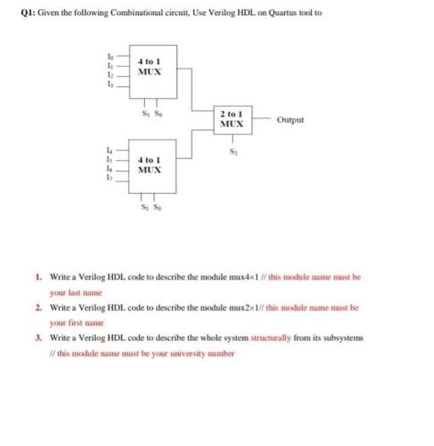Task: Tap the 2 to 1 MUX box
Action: click(231, 120)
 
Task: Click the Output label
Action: click(290, 119)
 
